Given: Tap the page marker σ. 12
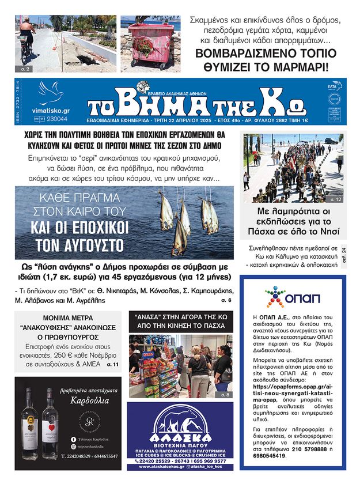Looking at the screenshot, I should [336, 199].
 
